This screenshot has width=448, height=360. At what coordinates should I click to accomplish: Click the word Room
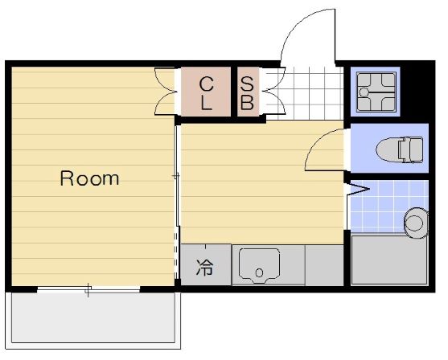point(89,178)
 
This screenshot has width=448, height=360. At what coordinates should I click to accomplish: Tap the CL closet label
point(206,93)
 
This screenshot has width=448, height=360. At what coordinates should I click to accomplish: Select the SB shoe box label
point(247,93)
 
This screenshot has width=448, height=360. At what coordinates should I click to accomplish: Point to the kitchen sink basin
point(260,265)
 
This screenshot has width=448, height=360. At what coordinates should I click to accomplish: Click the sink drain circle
point(259,273)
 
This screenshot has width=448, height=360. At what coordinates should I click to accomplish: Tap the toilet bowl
point(388,149)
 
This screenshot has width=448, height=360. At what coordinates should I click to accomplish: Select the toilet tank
point(412,149)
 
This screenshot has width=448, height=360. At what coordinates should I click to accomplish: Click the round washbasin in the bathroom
point(416,223)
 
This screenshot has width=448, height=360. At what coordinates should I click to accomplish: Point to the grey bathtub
point(388,260)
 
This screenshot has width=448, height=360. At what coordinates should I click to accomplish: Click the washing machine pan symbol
point(376,92)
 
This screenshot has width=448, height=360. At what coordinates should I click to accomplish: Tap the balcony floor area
point(93,317)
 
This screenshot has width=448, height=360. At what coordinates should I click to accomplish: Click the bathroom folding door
point(357,190)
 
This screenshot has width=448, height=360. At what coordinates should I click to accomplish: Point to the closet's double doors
point(165,92)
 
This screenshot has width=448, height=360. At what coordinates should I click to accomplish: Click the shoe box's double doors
point(275,91)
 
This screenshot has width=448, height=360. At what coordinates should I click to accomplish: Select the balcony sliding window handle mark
point(88,289)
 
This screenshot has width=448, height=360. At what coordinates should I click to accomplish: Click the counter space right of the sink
point(324,265)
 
